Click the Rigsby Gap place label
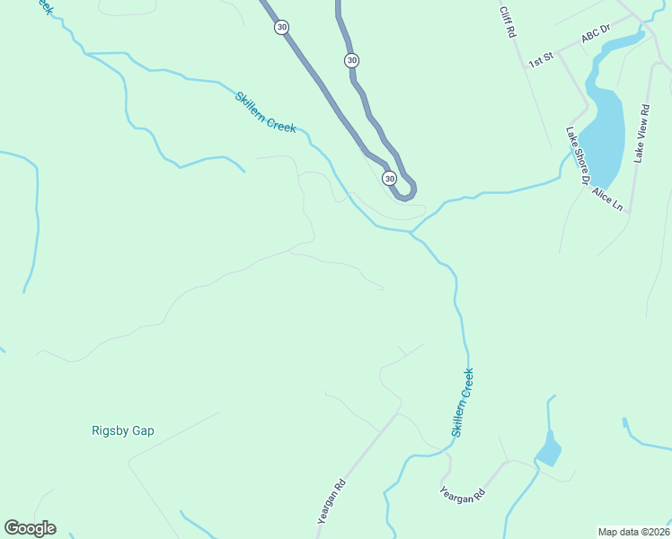pos(123,430)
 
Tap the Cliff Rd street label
pos(509,22)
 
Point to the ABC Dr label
pos(595,35)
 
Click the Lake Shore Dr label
pos(576,155)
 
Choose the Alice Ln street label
pos(607,199)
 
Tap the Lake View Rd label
pos(641,134)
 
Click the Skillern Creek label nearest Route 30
pos(265,111)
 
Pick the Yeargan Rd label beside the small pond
pos(463,494)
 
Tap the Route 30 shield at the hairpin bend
pos(389,178)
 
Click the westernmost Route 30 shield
pos(282,27)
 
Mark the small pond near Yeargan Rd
pos(547,449)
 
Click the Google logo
pos(30,528)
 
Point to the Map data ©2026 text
pos(633,532)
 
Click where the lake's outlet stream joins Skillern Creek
pos(411,232)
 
